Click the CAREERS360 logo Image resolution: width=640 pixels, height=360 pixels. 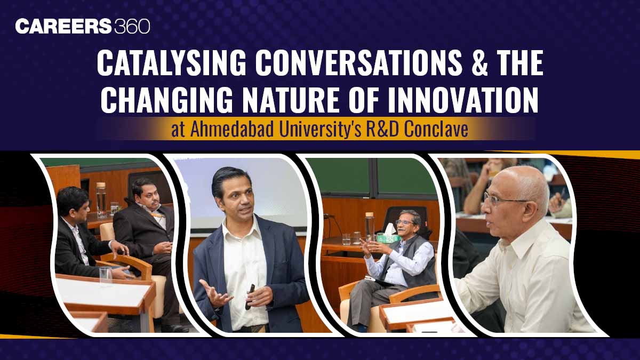(83, 26)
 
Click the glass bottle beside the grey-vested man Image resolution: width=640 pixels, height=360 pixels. (370, 226)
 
